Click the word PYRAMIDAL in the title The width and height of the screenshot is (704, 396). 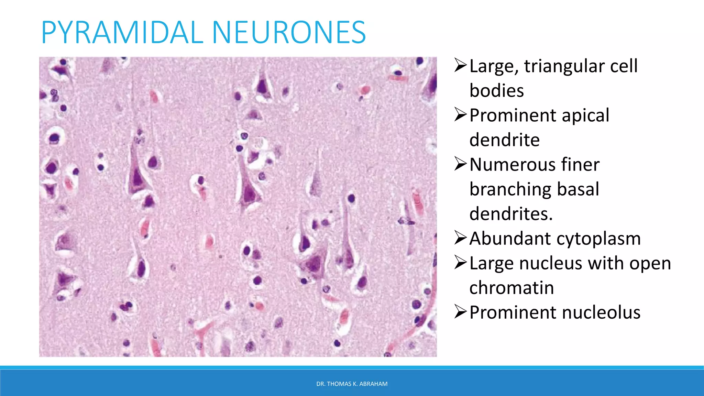tap(122, 32)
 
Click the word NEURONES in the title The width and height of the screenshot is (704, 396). tap(289, 32)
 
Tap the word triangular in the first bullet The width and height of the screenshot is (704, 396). tap(563, 66)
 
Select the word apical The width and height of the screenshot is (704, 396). tap(585, 115)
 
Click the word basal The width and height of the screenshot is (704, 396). tap(578, 189)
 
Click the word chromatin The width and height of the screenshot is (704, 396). tap(511, 288)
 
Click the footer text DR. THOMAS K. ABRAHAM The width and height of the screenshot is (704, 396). tap(352, 384)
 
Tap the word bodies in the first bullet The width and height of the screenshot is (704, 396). tap(496, 91)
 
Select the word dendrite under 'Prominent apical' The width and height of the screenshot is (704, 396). tap(504, 140)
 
